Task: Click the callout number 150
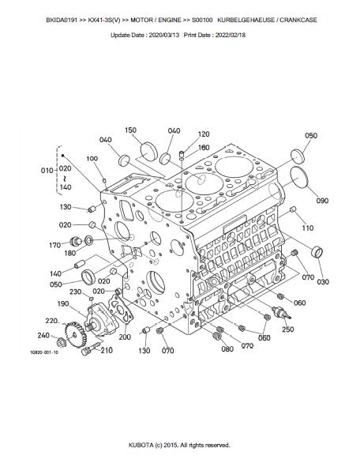(130, 130)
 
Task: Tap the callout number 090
(322, 201)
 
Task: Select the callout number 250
(287, 329)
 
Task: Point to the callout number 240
(43, 335)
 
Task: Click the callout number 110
(308, 228)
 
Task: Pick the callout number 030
(323, 282)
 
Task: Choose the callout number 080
(227, 348)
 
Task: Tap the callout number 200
(125, 337)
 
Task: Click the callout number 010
(47, 171)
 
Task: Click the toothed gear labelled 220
(76, 334)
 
